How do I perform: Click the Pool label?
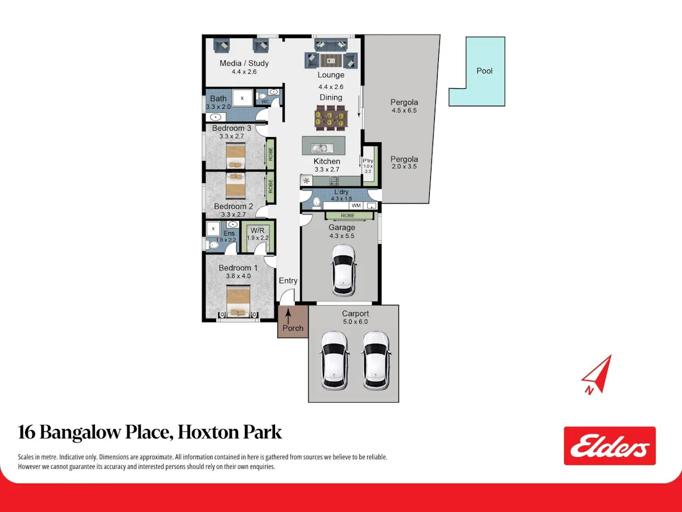click(484, 71)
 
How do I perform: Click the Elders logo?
click(610, 446)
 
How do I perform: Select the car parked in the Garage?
click(343, 270)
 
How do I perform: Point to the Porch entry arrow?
click(288, 316)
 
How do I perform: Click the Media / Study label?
click(244, 63)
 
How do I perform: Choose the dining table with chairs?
click(331, 118)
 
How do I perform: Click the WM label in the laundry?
click(356, 205)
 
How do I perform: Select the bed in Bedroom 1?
click(238, 302)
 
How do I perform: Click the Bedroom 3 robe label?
click(271, 154)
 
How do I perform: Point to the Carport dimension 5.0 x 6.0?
click(355, 322)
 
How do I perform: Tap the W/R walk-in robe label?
click(257, 230)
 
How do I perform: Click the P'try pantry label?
click(368, 161)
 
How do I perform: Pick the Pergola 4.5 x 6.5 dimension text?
click(404, 110)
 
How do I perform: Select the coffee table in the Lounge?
click(331, 61)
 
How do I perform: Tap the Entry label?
click(288, 280)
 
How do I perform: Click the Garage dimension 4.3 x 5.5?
click(342, 236)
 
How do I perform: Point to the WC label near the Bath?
click(265, 102)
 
